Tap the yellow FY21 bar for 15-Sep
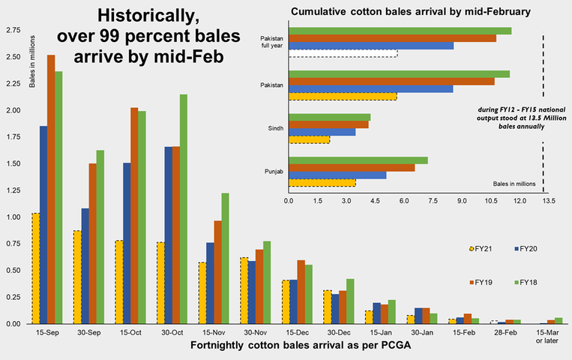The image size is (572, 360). [x=34, y=268]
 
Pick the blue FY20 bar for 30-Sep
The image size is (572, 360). [x=85, y=265]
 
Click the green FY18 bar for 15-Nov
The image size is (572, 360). [x=224, y=258]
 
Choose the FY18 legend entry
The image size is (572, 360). [x=529, y=282]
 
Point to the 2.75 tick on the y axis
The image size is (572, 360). [x=13, y=30]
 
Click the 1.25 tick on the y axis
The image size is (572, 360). [x=13, y=190]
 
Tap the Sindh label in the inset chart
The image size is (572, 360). [x=274, y=128]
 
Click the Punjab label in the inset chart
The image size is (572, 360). [x=274, y=172]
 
